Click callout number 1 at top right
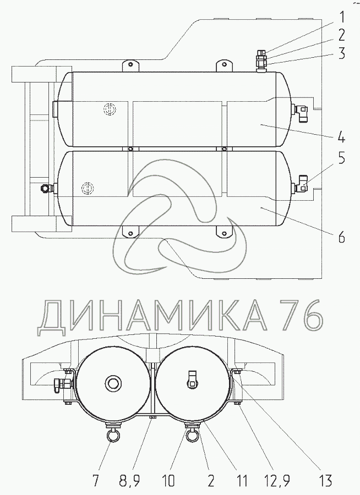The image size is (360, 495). [x=342, y=18]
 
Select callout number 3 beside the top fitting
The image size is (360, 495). [x=341, y=53]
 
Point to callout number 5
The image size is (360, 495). [x=342, y=158]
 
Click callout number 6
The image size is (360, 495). [x=341, y=237]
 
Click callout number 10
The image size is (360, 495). [x=168, y=481]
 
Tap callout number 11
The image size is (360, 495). [x=242, y=481]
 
